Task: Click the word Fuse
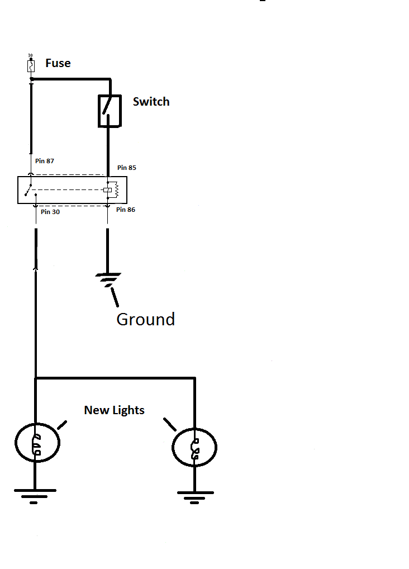pyautogui.click(x=58, y=63)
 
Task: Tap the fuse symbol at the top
pyautogui.click(x=31, y=67)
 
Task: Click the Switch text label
pyautogui.click(x=151, y=102)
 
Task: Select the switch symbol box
pyautogui.click(x=110, y=111)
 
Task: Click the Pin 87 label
pyautogui.click(x=45, y=161)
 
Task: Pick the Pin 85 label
pyautogui.click(x=126, y=168)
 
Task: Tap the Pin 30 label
pyautogui.click(x=51, y=212)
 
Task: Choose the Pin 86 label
pyautogui.click(x=126, y=210)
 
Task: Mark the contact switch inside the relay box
pyautogui.click(x=30, y=190)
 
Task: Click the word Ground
pyautogui.click(x=145, y=319)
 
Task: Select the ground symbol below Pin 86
pyautogui.click(x=108, y=279)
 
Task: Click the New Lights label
pyautogui.click(x=114, y=410)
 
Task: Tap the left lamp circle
pyautogui.click(x=37, y=443)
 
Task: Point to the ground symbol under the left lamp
pyautogui.click(x=35, y=496)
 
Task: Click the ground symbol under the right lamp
pyautogui.click(x=194, y=497)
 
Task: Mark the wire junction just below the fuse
pyautogui.click(x=32, y=80)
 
